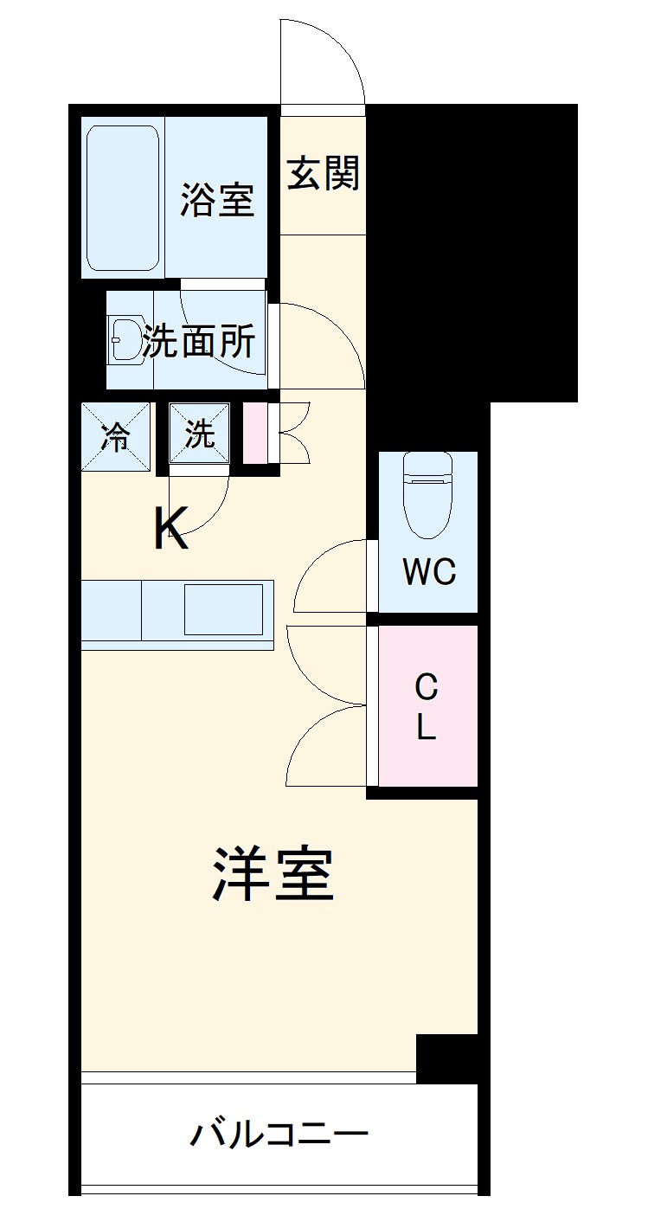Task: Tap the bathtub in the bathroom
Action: point(123,198)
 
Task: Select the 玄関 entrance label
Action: point(323,174)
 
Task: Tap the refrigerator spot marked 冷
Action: point(115,437)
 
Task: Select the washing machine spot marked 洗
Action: point(200,436)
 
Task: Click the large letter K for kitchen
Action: point(171,528)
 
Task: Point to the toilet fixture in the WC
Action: point(427,494)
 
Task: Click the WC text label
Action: point(428,572)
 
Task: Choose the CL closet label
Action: point(427,708)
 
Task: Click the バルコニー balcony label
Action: point(279,1133)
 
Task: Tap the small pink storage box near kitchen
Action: point(255,433)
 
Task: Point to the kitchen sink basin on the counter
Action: point(222,608)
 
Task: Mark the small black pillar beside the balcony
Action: point(446,1058)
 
